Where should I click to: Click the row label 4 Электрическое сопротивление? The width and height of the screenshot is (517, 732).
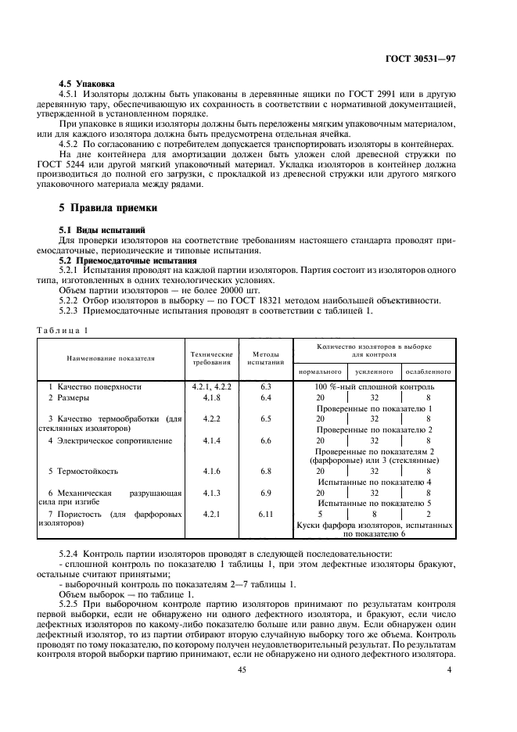pyautogui.click(x=110, y=441)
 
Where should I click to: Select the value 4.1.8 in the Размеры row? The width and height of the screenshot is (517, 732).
pyautogui.click(x=212, y=398)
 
